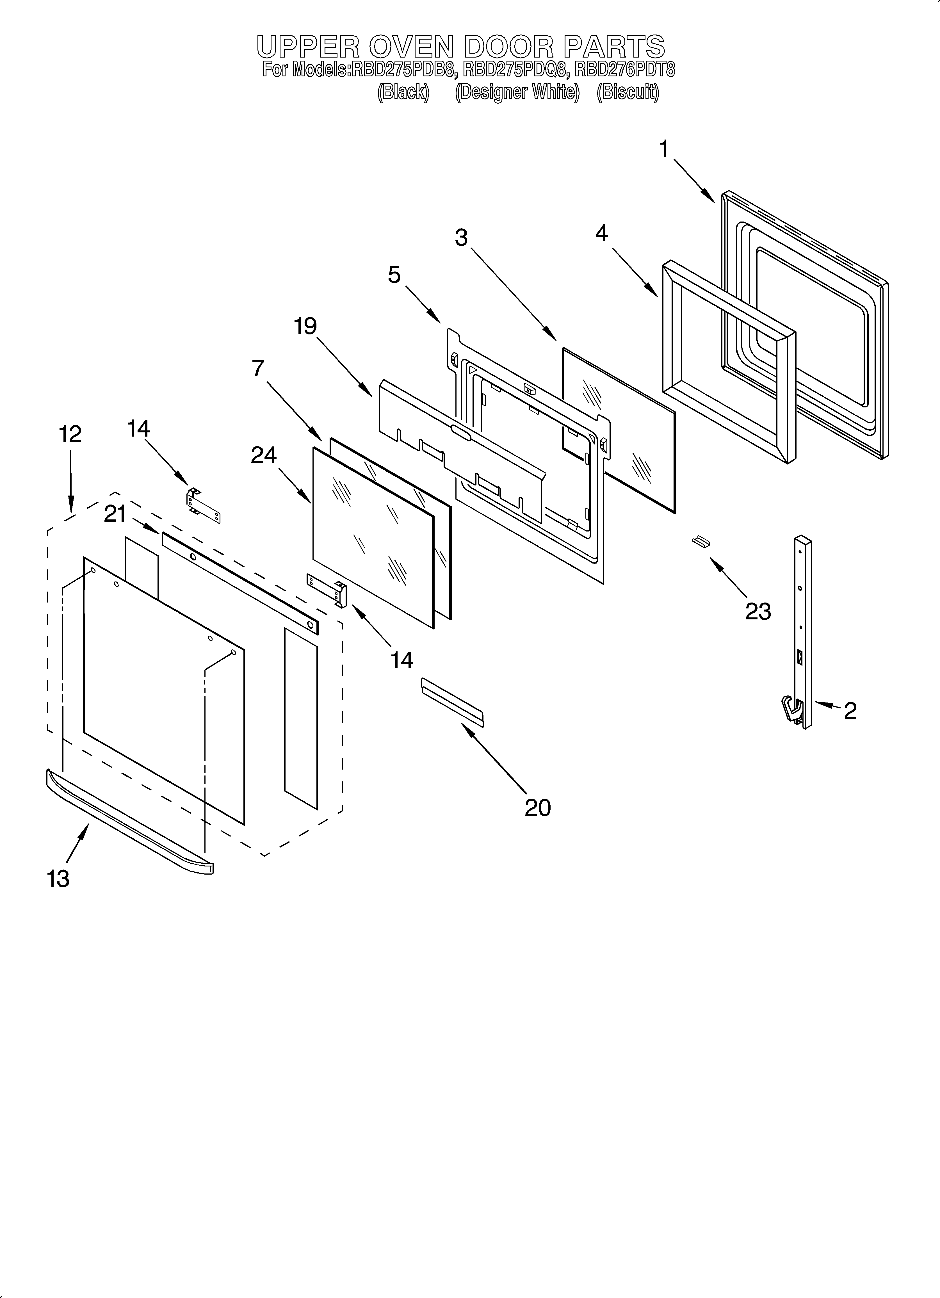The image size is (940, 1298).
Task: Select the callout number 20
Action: coord(538,807)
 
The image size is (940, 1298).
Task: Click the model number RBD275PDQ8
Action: coord(516,70)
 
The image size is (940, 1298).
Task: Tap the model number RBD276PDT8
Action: coord(625,70)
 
